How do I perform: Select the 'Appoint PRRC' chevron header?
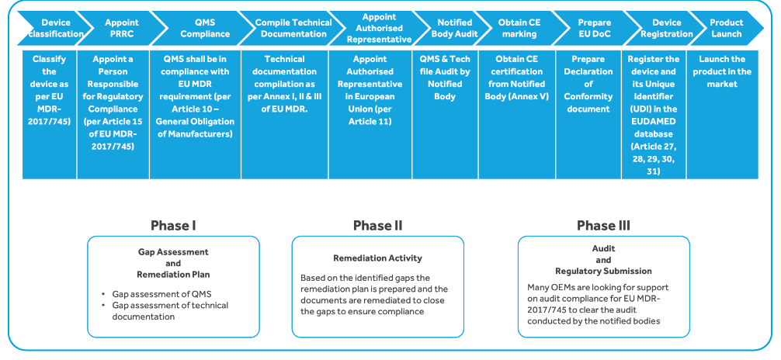pyautogui.click(x=122, y=29)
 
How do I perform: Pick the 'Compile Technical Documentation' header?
pyautogui.click(x=291, y=29)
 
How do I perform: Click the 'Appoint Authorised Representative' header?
pyautogui.click(x=380, y=29)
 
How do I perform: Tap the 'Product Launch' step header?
pyautogui.click(x=726, y=29)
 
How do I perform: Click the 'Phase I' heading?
pyautogui.click(x=172, y=226)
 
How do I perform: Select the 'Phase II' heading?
pyautogui.click(x=377, y=226)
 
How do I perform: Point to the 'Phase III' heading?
pyautogui.click(x=603, y=226)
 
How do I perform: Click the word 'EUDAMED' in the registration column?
pyautogui.click(x=653, y=121)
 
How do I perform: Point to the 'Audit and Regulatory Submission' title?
pyautogui.click(x=603, y=260)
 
